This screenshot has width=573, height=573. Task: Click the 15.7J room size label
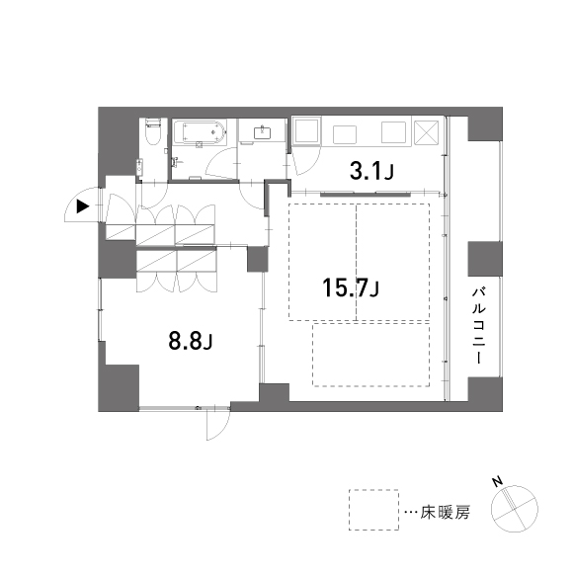351,287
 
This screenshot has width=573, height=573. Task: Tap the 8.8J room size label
191,341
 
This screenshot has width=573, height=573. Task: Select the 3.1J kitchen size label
371,171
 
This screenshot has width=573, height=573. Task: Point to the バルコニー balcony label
479,326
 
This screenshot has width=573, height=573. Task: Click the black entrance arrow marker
83,206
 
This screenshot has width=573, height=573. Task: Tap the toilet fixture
153,130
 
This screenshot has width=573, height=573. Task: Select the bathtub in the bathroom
200,132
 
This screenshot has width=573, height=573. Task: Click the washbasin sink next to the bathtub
262,132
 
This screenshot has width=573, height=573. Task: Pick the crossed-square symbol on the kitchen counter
426,132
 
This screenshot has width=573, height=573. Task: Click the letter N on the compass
497,482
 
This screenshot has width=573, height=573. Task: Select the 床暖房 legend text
445,513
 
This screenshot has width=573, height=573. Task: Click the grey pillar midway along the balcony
485,259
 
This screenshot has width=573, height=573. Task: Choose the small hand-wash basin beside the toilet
139,167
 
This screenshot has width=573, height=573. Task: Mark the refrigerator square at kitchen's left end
307,130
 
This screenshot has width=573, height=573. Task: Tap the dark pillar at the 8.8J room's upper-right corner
258,259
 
